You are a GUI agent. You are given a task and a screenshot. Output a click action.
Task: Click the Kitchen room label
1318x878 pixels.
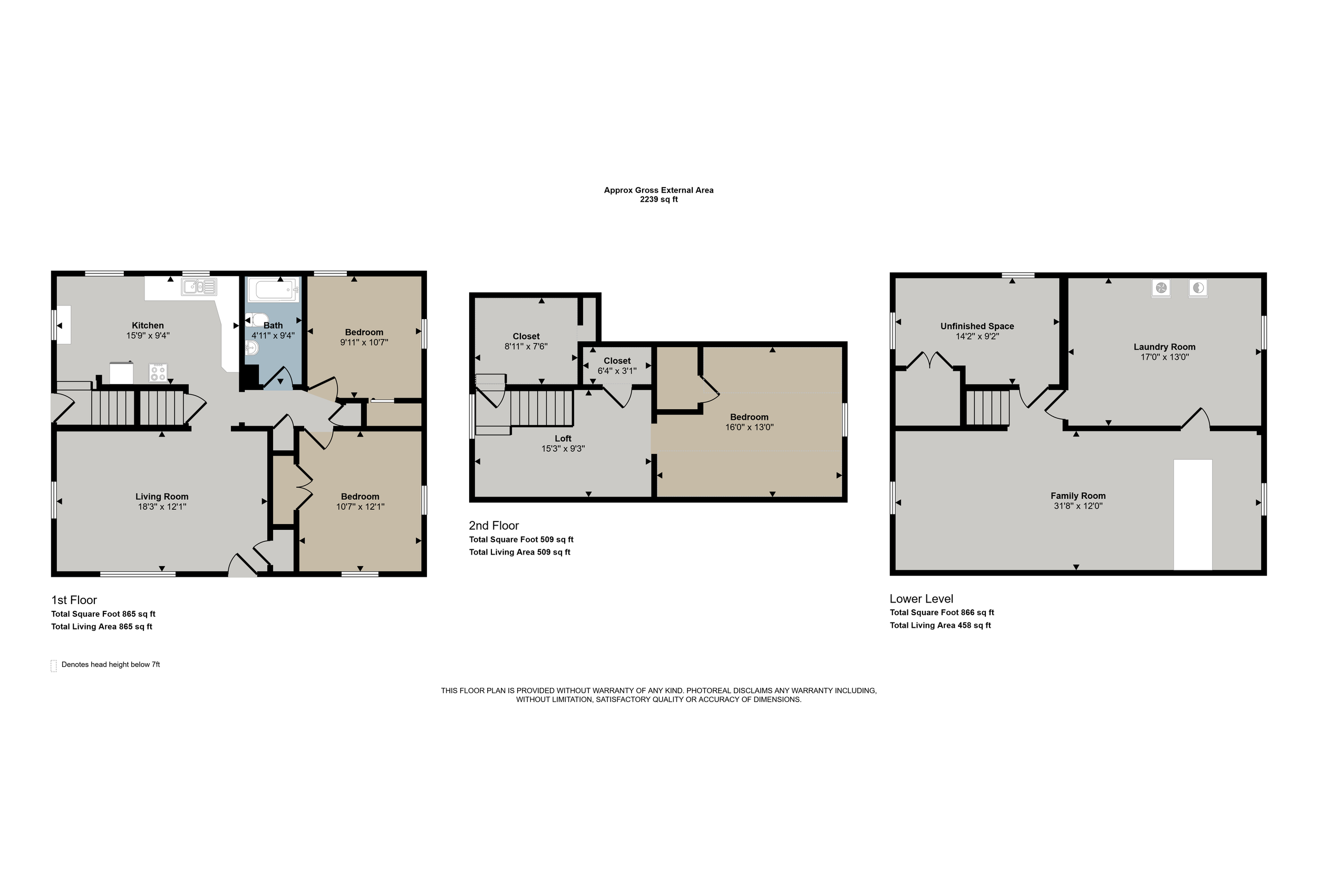click(148, 325)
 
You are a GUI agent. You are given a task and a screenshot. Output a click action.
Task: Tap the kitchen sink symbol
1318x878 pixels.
click(199, 287)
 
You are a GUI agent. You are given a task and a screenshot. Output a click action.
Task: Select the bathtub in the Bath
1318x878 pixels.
click(273, 290)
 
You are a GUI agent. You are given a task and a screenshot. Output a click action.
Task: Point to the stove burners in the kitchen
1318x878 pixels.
click(158, 372)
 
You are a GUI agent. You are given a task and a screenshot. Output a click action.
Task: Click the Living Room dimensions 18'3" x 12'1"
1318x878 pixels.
click(162, 507)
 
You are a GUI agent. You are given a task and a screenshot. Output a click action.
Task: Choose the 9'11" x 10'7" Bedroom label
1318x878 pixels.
click(364, 332)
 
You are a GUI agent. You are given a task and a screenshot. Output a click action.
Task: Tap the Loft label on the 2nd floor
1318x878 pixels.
click(563, 438)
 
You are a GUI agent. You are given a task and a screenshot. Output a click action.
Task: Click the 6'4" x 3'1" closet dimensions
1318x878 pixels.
click(617, 371)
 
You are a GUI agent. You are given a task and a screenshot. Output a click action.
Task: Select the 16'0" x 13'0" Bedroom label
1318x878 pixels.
click(749, 417)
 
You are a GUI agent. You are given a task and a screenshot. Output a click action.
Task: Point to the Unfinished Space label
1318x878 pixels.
click(977, 327)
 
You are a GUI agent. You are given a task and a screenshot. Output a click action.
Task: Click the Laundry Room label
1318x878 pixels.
click(1165, 347)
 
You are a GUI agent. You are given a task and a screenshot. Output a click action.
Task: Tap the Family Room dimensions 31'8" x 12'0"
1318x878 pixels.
click(1078, 506)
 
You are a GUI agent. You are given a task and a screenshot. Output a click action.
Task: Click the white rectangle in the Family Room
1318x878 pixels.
click(1193, 515)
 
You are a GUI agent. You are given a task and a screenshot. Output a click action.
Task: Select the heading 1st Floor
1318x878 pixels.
click(74, 600)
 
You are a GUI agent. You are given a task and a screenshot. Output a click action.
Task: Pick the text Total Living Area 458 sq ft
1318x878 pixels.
click(941, 626)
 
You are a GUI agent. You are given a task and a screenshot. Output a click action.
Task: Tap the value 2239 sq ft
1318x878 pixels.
click(659, 199)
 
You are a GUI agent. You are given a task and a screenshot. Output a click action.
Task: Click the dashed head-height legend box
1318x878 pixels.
click(54, 665)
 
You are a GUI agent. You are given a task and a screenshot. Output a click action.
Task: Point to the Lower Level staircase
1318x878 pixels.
click(987, 408)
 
